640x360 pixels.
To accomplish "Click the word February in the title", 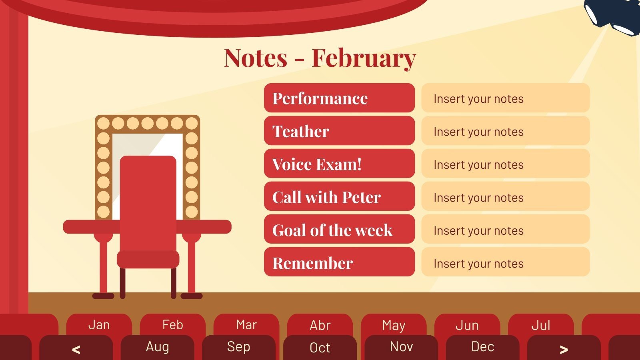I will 364,58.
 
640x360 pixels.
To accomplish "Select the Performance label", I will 339,98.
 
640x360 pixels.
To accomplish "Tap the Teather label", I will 339,131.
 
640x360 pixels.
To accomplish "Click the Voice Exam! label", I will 339,164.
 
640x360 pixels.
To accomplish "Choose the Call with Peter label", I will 339,197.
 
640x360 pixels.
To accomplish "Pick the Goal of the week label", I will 339,230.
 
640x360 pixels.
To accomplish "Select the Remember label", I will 339,262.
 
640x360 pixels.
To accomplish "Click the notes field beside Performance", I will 505,98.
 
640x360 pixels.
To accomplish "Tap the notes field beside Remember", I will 505,262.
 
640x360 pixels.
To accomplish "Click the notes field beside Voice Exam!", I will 505,164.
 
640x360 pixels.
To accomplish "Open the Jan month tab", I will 99,325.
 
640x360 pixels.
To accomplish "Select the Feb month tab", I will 172,325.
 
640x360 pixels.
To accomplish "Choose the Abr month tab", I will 320,325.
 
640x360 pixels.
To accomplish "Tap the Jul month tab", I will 541,325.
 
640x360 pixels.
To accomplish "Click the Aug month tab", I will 157,347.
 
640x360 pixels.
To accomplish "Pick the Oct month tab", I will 320,348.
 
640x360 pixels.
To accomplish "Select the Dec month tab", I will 482,347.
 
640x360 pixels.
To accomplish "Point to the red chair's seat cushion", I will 148,259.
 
